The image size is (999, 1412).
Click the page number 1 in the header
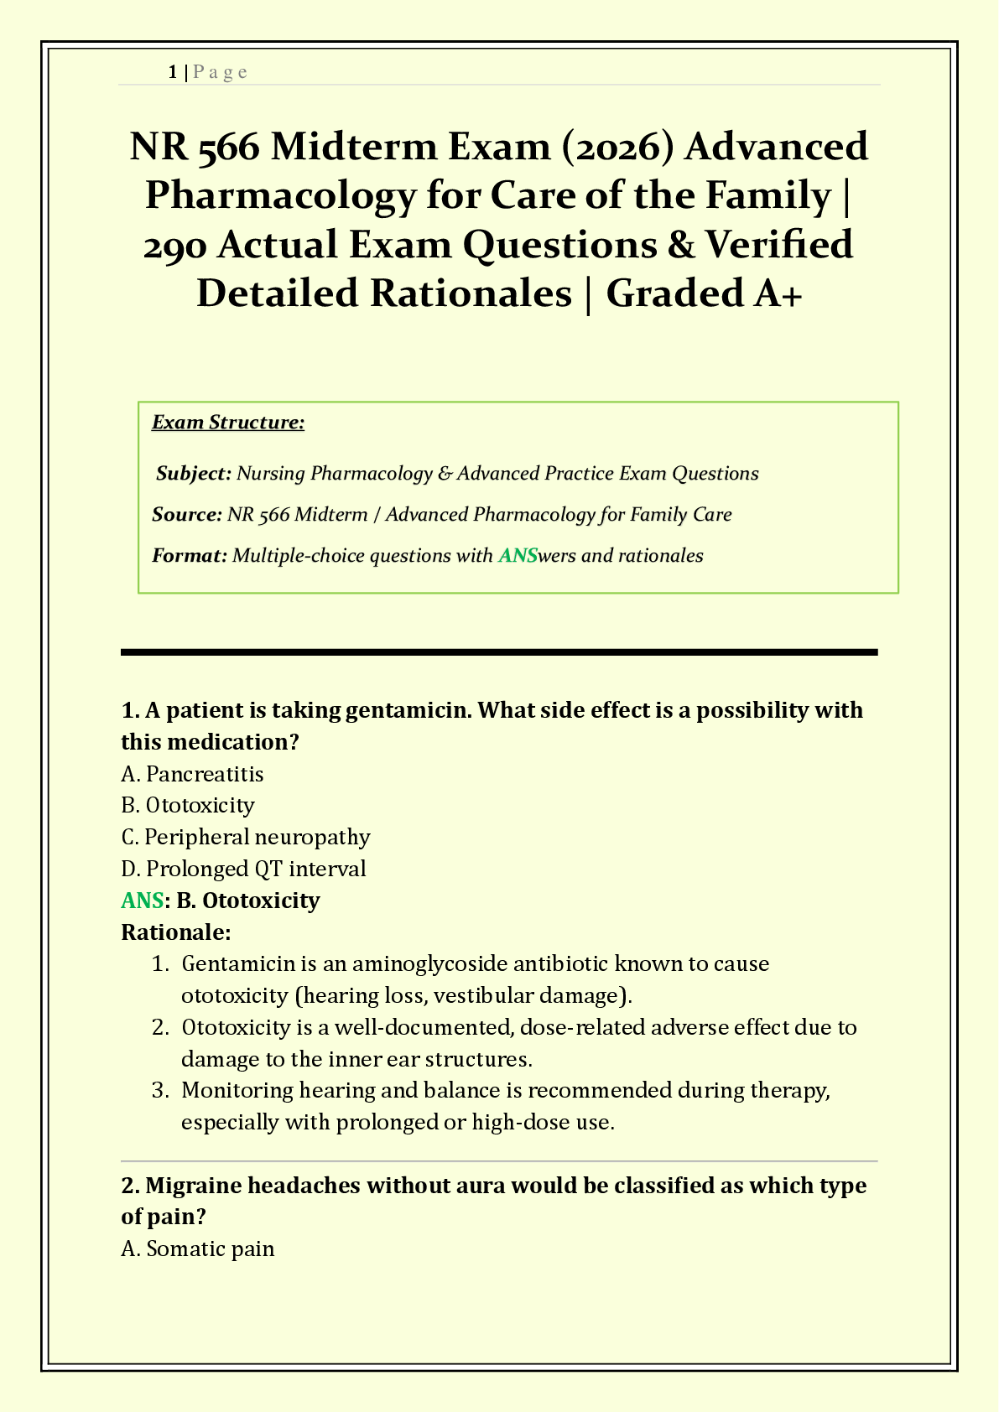pyautogui.click(x=172, y=72)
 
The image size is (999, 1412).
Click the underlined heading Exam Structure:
pyautogui.click(x=227, y=422)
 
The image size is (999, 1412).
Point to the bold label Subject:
pyautogui.click(x=194, y=474)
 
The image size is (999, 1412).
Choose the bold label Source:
pyautogui.click(x=186, y=514)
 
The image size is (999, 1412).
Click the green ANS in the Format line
pyautogui.click(x=518, y=555)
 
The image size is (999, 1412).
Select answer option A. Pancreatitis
pyautogui.click(x=192, y=773)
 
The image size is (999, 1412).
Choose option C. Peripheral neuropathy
pyautogui.click(x=246, y=837)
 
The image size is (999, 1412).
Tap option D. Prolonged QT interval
pyautogui.click(x=243, y=869)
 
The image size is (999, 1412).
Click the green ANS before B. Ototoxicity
pyautogui.click(x=142, y=901)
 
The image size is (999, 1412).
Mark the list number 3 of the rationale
pyautogui.click(x=159, y=1091)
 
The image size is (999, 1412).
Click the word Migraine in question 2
pyautogui.click(x=193, y=1186)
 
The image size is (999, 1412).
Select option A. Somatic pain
pyautogui.click(x=198, y=1249)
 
